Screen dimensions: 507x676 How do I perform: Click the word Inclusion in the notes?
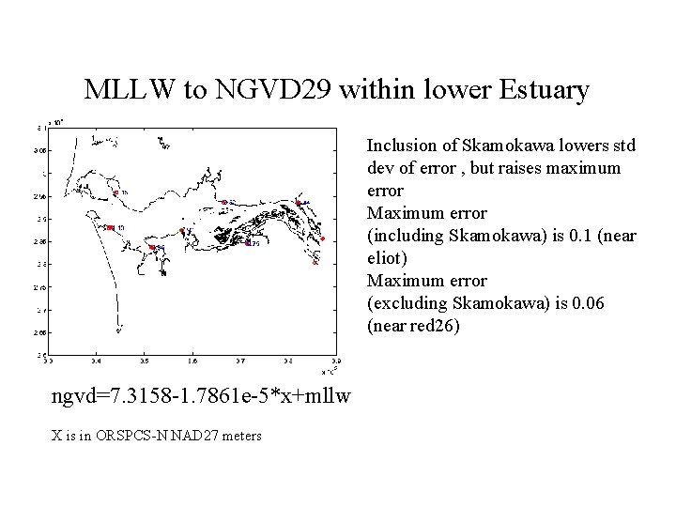[399, 146]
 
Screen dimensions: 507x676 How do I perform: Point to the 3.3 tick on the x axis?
[49, 360]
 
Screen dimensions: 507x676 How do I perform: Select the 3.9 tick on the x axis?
[337, 360]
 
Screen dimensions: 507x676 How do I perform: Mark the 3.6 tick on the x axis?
[192, 360]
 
